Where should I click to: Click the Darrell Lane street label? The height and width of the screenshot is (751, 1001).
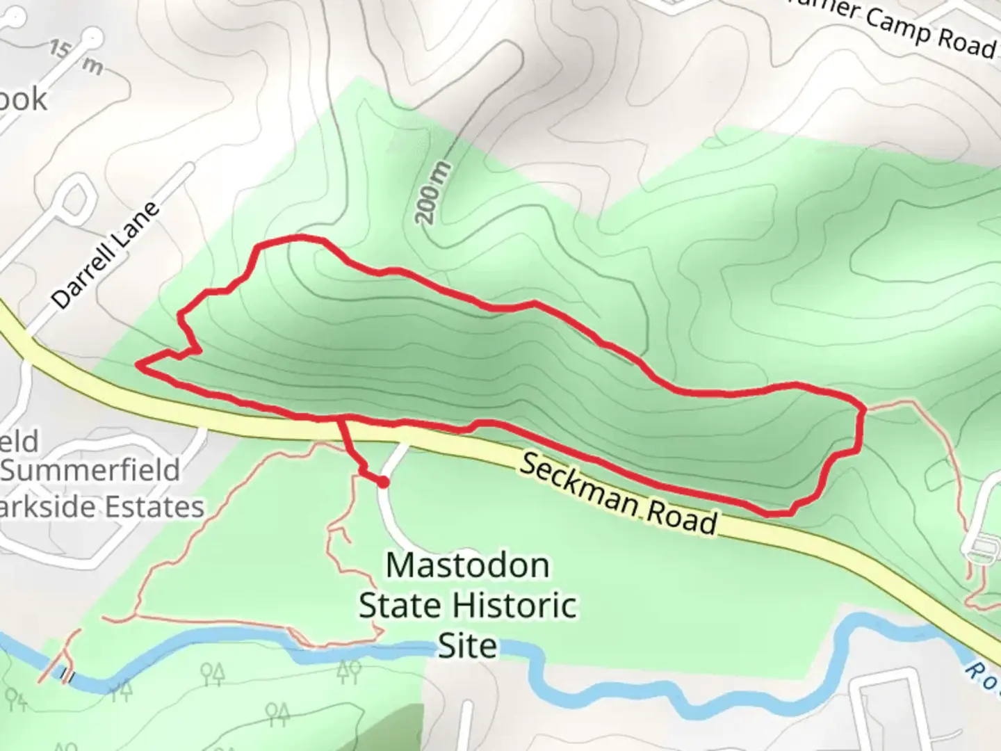(x=106, y=256)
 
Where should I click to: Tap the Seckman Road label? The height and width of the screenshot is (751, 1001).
(x=617, y=494)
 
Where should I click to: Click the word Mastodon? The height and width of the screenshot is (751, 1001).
(x=467, y=565)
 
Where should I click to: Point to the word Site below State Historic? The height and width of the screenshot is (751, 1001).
(x=467, y=646)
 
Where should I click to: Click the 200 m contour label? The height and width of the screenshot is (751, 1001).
(x=433, y=193)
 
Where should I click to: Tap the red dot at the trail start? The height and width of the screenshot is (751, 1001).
(x=382, y=481)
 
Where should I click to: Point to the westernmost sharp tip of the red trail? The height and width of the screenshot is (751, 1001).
(x=141, y=364)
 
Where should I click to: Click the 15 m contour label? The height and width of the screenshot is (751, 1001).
(x=76, y=57)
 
